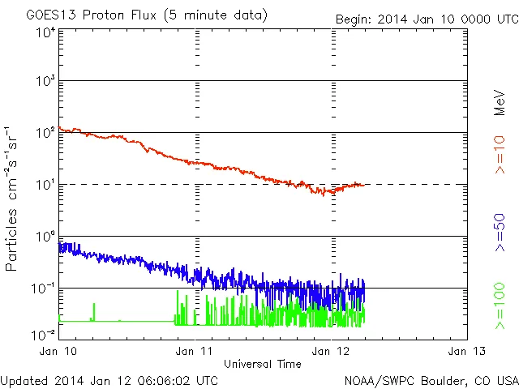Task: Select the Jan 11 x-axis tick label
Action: point(195,351)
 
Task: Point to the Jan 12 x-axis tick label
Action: point(331,351)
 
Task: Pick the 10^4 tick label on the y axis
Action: point(45,33)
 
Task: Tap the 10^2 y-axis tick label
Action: point(45,134)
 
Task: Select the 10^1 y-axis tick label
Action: point(45,186)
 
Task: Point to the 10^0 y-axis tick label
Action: point(45,237)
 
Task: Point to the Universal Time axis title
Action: point(263,363)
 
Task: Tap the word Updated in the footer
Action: point(24,380)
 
